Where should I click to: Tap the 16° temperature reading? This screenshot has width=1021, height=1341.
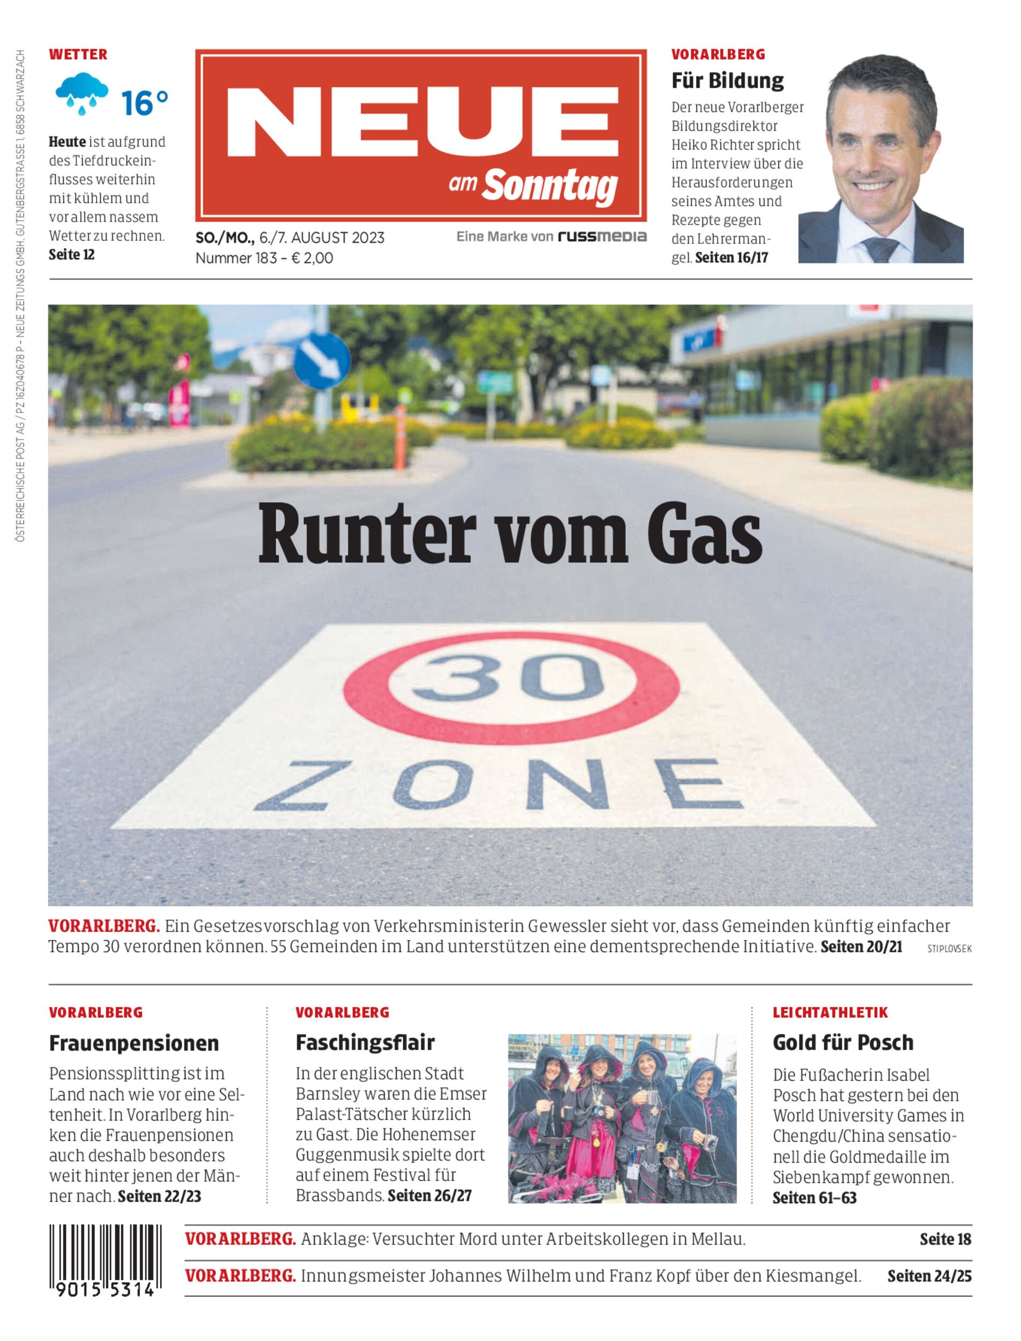[x=144, y=103]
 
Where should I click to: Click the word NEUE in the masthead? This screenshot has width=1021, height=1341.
[x=422, y=122]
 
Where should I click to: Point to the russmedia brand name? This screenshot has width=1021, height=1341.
[x=602, y=237]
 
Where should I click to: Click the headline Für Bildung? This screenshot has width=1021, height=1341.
[x=728, y=80]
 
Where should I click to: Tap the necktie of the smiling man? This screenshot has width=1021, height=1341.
[x=880, y=247]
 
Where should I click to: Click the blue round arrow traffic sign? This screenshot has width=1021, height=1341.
[x=322, y=360]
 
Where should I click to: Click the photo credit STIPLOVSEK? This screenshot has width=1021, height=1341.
[x=949, y=948]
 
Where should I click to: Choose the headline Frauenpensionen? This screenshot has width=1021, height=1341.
[x=134, y=1043]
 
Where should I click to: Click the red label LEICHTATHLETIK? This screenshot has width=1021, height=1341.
[x=830, y=1013]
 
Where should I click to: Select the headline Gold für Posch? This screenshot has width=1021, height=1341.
[x=843, y=1043]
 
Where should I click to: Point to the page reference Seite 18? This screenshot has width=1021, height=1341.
[x=945, y=1239]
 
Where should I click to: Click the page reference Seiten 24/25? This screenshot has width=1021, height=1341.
[x=929, y=1276]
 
